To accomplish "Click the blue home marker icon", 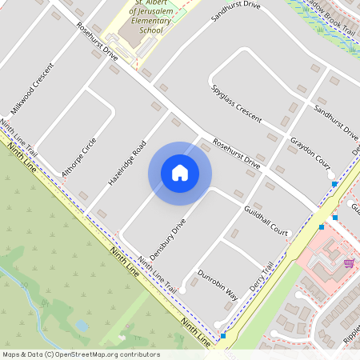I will pos(180,173).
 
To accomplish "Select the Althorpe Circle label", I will pos(79,156).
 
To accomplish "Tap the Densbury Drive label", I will pos(167,237).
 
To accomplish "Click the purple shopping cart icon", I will pos(348,262).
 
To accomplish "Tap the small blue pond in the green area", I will pos(82,326).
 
